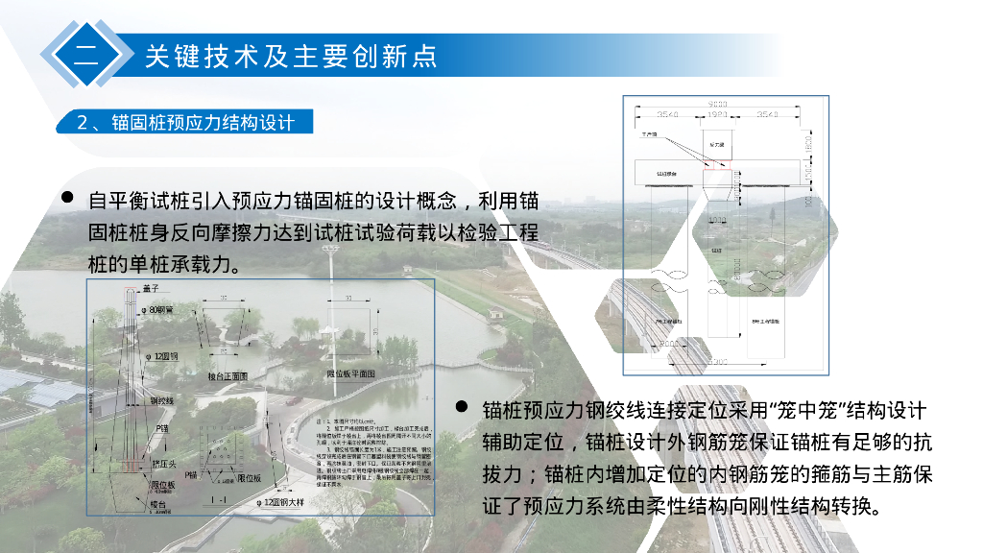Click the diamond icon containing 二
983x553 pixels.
(x=85, y=55)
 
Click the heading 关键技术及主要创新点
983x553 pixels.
(x=291, y=56)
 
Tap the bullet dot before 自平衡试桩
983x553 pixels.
(x=68, y=197)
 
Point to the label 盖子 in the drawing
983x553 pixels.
(x=150, y=287)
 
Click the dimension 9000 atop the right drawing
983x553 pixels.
(x=716, y=104)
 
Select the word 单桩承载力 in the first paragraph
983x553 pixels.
(x=183, y=264)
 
